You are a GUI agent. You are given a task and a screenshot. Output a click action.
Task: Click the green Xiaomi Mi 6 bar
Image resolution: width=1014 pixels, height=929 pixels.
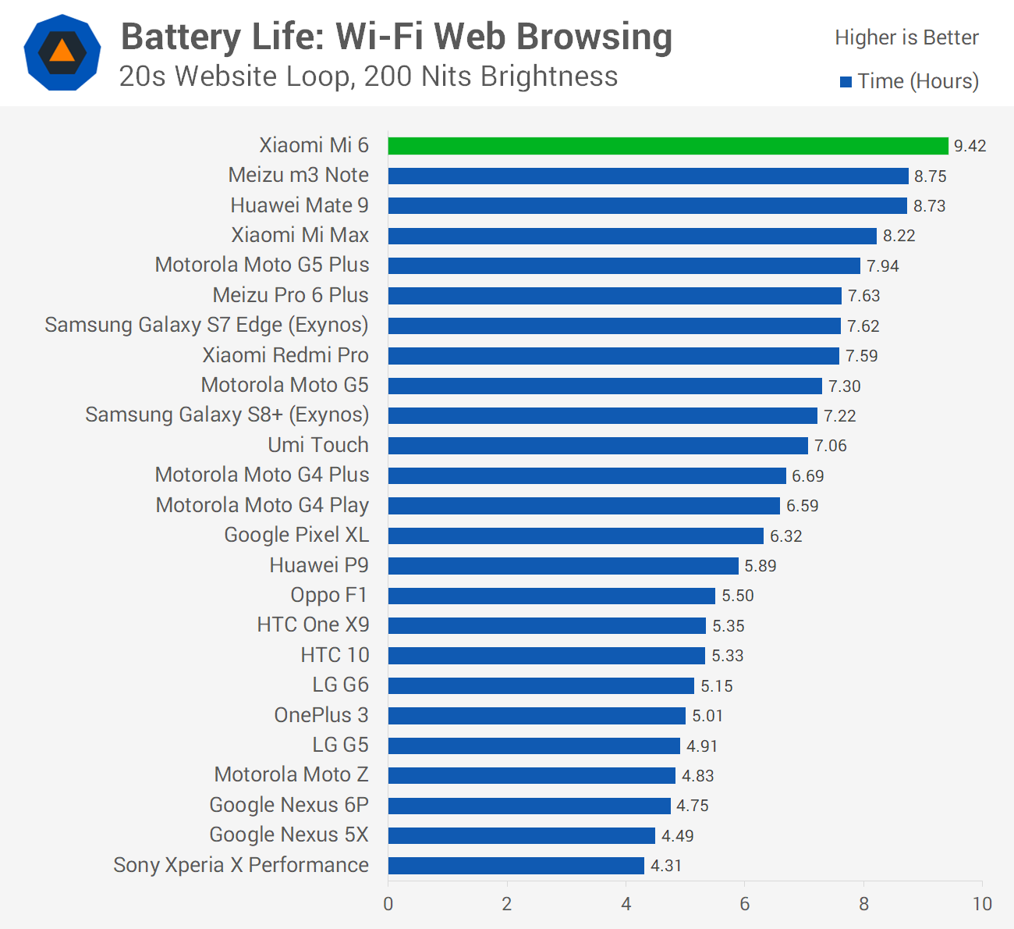[668, 146]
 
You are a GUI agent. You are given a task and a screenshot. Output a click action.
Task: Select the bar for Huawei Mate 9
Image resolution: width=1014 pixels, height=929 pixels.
[647, 206]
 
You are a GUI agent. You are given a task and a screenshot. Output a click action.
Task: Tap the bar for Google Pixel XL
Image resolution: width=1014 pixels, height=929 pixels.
[576, 536]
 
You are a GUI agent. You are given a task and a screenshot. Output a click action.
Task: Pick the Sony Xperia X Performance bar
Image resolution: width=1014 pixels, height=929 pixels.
[516, 865]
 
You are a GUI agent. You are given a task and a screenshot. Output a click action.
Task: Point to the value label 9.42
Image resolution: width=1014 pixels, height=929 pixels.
[970, 146]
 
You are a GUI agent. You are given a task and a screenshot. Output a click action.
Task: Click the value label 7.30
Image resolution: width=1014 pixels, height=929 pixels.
[844, 386]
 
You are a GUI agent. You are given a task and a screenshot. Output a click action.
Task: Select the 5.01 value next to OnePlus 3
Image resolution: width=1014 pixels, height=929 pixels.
[707, 716]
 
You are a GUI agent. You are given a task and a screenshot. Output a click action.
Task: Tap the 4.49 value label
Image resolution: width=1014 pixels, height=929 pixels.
[677, 836]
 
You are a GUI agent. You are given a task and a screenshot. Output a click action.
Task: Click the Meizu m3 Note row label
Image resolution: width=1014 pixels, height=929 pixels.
[298, 176]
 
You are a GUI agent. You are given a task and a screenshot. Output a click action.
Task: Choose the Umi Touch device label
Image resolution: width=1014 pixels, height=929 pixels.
[318, 445]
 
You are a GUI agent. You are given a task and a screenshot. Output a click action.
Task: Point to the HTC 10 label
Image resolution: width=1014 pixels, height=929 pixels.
[335, 655]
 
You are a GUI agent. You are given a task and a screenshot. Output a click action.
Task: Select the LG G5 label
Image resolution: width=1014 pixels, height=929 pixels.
[340, 745]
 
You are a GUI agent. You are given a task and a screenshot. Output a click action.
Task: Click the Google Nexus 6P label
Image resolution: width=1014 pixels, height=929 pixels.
[289, 805]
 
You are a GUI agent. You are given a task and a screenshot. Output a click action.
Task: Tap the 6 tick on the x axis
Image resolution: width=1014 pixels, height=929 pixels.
[744, 904]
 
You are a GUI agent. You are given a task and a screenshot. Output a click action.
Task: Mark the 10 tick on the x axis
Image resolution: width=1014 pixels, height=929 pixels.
[982, 904]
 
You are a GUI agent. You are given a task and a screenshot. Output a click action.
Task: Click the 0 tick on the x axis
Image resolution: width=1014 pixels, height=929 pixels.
[388, 904]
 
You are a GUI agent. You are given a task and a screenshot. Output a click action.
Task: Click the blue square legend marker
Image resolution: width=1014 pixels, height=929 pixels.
[846, 82]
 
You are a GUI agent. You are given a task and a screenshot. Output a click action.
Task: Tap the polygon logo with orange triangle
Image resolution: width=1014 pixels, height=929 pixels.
[62, 52]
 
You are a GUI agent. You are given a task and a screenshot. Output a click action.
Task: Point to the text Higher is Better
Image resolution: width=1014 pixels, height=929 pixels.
[906, 37]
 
